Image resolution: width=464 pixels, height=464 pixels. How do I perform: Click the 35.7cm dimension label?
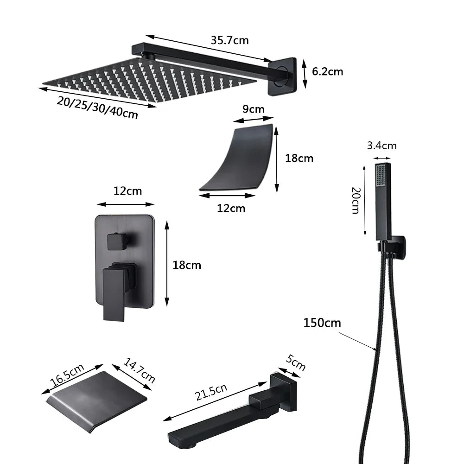229,40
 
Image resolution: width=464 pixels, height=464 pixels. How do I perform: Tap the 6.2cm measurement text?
327,71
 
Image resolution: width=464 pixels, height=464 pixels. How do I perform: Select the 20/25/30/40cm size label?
98,108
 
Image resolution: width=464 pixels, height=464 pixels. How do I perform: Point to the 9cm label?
253,109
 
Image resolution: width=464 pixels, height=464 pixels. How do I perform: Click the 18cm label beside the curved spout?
299,158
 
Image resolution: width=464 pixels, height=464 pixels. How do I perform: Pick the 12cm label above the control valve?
127,191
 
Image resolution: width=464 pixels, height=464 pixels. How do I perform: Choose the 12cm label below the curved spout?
231,208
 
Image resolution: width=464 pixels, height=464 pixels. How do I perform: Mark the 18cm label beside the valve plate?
187,265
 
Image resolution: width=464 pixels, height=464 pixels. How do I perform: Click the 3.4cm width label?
381,146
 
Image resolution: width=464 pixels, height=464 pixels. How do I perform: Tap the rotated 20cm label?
356,200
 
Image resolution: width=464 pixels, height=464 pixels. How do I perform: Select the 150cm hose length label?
322,322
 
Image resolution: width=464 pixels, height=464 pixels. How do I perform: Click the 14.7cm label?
140,370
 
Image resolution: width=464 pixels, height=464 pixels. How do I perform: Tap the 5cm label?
296,362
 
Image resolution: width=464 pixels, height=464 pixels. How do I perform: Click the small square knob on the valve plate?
116,242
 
